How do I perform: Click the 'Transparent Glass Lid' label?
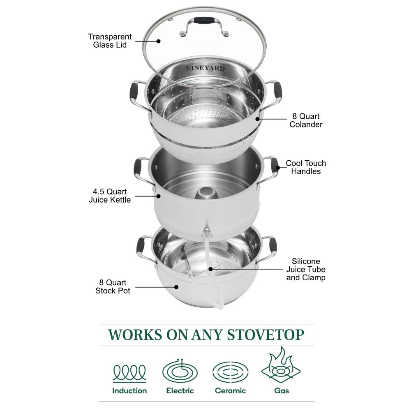click(110, 41)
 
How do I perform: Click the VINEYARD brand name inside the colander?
click(205, 68)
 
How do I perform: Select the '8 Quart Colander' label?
click(306, 120)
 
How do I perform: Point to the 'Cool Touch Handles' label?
click(306, 167)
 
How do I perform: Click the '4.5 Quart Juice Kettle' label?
click(110, 196)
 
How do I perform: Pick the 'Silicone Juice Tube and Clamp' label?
click(306, 269)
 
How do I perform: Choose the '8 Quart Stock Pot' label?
click(113, 286)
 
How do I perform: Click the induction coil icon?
click(129, 372)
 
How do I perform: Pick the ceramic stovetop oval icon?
click(230, 372)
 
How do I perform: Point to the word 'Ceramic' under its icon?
click(230, 390)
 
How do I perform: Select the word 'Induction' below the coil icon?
click(129, 390)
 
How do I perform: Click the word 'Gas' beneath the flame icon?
click(281, 390)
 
